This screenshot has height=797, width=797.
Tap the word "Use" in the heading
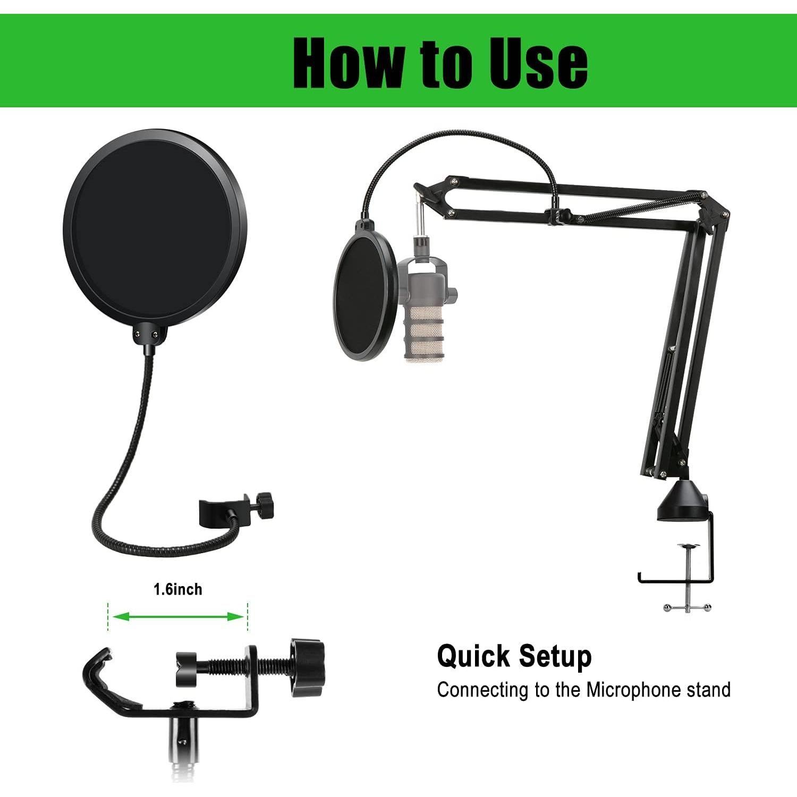click(x=538, y=63)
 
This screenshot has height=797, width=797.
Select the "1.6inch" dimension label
click(x=178, y=589)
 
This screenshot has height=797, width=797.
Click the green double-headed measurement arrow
click(x=178, y=616)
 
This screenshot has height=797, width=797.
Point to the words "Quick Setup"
click(x=514, y=657)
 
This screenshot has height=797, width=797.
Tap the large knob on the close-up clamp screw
click(x=307, y=667)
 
